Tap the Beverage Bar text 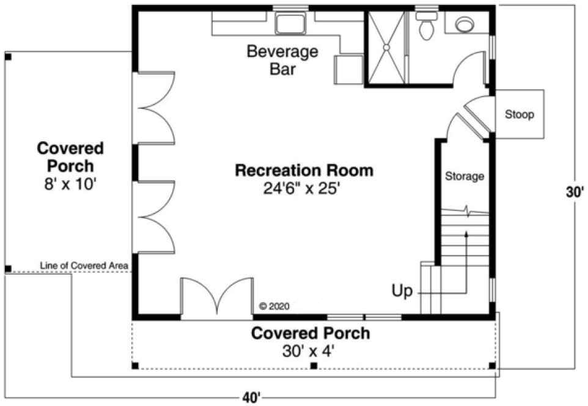[x=282, y=60]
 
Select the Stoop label [x=519, y=114]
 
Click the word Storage [x=465, y=177]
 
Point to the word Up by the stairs [x=402, y=290]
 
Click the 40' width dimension [x=251, y=398]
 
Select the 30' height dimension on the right [x=575, y=191]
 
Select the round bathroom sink [x=465, y=24]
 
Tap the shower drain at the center [x=386, y=46]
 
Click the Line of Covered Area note [x=84, y=265]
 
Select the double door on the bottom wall [x=216, y=298]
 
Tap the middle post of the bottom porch [x=314, y=366]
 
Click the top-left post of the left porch [x=8, y=57]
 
